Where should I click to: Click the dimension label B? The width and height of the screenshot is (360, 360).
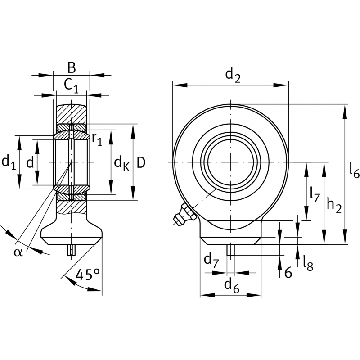pyautogui.click(x=71, y=67)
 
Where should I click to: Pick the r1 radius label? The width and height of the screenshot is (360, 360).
pyautogui.click(x=97, y=140)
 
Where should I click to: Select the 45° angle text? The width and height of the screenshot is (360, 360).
pyautogui.click(x=87, y=274)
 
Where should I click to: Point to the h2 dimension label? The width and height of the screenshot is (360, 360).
pyautogui.click(x=333, y=205)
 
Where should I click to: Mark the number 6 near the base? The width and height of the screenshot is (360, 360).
pyautogui.click(x=288, y=272)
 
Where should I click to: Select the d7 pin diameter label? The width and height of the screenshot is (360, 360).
pyautogui.click(x=211, y=260)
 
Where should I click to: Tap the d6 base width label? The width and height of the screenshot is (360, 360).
pyautogui.click(x=230, y=284)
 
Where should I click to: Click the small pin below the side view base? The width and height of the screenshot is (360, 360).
pyautogui.click(x=71, y=250)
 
